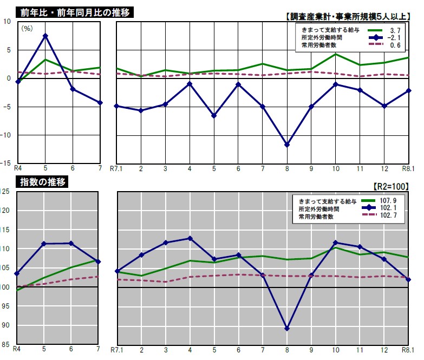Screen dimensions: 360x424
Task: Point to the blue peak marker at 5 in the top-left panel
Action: (45, 36)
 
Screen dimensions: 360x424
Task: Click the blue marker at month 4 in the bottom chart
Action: (190, 238)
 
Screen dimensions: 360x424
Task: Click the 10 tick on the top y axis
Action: (8, 21)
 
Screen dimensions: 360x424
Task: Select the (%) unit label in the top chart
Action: (27, 28)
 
